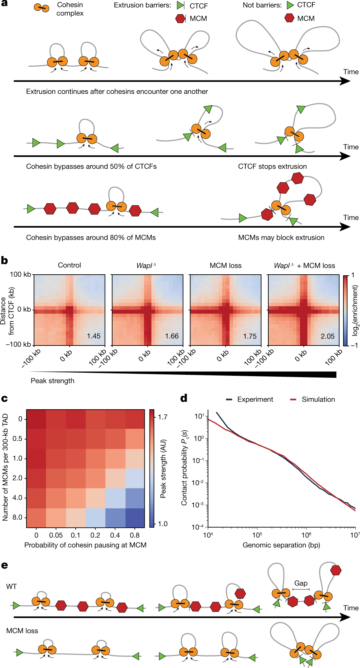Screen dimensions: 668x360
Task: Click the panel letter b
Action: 4,260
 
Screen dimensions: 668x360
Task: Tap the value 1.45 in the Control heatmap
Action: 93,336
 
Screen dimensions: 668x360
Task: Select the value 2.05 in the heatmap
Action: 328,336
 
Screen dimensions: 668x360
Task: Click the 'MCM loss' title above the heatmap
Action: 225,266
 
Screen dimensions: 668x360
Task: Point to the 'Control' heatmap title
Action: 69,265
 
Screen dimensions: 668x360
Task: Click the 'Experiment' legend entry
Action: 255,399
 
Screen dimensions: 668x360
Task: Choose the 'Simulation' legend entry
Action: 318,399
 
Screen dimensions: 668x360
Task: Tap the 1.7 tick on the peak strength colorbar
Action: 163,417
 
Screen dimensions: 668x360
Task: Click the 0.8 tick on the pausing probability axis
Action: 135,535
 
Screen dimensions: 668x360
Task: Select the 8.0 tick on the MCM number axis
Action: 17,517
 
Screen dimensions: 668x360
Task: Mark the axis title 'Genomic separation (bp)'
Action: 281,545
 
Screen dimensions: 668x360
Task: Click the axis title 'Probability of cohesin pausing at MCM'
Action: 85,545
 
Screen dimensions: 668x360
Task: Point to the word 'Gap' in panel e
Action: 301,583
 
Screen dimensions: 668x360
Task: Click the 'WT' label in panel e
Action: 12,586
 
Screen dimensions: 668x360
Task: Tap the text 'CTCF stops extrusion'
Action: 272,166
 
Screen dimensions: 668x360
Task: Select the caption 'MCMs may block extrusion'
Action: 281,237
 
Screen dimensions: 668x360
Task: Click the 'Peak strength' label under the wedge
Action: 52,381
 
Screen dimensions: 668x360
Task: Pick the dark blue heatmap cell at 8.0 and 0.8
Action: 135,518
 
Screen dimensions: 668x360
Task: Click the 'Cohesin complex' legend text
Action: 70,9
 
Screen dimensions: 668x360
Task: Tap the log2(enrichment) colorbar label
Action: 355,310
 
